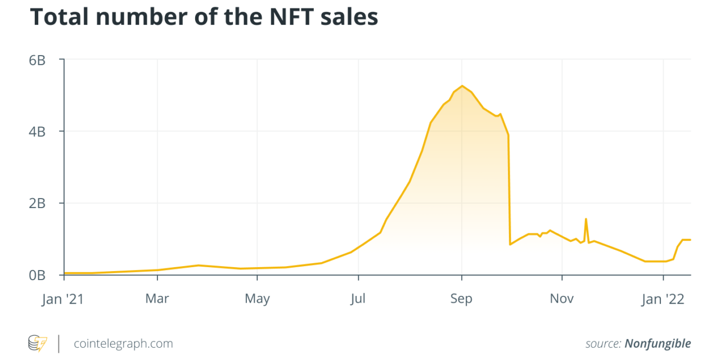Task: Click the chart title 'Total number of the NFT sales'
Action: [x=204, y=17]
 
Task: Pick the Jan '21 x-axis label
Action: [x=63, y=299]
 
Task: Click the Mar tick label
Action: [x=157, y=299]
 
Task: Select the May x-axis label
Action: [x=257, y=299]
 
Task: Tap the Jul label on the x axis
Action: [x=358, y=299]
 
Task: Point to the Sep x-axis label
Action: [x=461, y=299]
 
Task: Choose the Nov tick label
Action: [x=562, y=299]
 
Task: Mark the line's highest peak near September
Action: [x=462, y=86]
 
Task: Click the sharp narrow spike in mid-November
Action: [x=586, y=219]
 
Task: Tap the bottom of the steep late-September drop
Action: [x=510, y=244]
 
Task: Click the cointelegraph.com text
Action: [x=123, y=343]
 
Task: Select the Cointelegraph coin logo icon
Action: [x=38, y=343]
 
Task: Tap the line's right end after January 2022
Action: [x=690, y=240]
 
